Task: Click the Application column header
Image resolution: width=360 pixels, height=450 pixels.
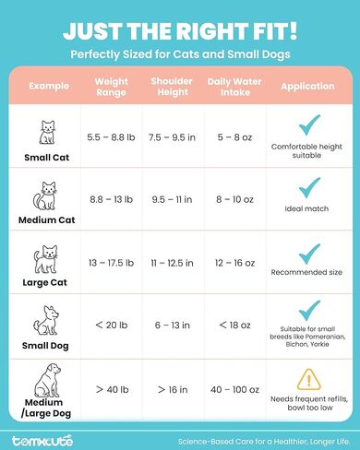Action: tap(308, 86)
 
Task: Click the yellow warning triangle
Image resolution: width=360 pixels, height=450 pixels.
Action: tap(308, 379)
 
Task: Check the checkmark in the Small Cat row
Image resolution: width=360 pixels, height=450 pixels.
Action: tap(308, 124)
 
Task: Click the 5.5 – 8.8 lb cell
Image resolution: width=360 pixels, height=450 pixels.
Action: tap(112, 137)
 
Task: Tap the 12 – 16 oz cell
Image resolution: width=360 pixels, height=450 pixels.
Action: tap(235, 263)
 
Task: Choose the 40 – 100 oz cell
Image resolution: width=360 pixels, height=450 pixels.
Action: tap(235, 390)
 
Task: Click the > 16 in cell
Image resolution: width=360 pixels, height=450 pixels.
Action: tap(172, 390)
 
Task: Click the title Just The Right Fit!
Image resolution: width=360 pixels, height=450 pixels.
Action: tap(180, 31)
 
